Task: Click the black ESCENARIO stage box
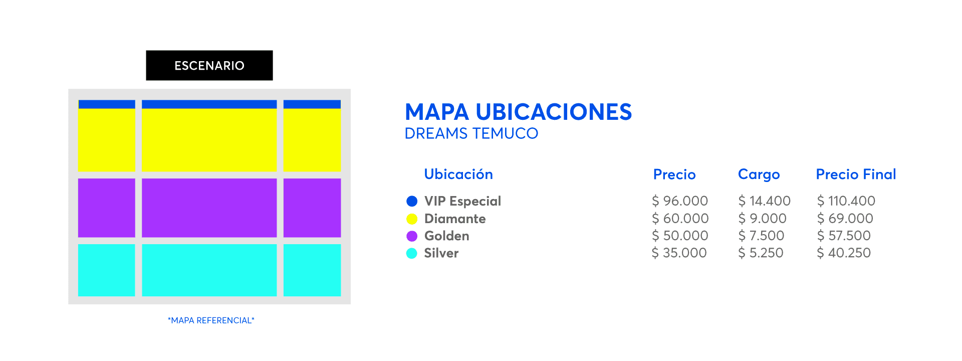coord(209,65)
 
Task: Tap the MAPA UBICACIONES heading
coord(518,112)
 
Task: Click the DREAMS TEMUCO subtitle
coord(471,133)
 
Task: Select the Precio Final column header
coord(856,174)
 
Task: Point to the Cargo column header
coord(759,174)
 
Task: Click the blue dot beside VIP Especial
coord(412,201)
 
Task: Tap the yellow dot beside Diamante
coord(412,219)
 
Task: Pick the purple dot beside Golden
coord(412,236)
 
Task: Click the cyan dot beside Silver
coord(412,253)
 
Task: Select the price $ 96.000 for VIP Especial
coord(680,201)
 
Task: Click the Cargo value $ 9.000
coord(762,219)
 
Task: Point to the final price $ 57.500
coord(844,236)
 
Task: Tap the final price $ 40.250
coord(844,253)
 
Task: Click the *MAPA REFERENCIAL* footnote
coord(211,320)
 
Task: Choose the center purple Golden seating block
coord(209,208)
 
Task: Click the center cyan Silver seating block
coord(209,270)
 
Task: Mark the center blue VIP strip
coord(209,104)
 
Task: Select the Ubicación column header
coord(458,174)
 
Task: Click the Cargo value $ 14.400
coord(764,201)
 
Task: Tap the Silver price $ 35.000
coord(679,253)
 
